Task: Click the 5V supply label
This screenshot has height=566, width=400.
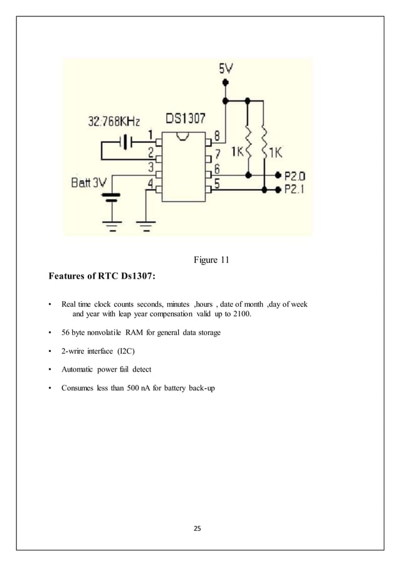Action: [228, 68]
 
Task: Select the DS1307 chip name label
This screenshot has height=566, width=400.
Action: [185, 119]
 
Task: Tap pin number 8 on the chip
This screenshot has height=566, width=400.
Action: [217, 136]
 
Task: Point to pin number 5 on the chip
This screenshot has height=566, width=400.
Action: [217, 184]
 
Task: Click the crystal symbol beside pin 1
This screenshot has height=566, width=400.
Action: [127, 143]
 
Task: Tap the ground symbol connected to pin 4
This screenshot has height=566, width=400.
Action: [146, 224]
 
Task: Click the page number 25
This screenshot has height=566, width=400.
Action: [197, 529]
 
